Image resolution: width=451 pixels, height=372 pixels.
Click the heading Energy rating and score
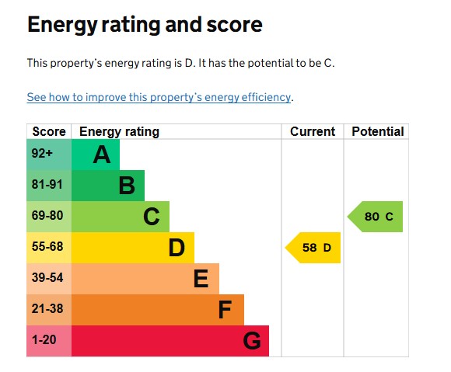point(145,25)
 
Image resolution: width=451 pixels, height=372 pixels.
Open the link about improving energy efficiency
point(159,98)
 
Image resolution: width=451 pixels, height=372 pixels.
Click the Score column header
point(48,131)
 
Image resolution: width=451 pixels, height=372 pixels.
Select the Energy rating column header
point(119,131)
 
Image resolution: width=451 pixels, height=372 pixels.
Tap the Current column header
point(313,131)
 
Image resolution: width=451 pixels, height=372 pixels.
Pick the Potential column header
point(377,131)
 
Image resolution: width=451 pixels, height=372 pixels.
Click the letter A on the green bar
point(102,155)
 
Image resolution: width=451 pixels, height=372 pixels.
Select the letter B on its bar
point(127,186)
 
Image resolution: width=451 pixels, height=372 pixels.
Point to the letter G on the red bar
point(251,342)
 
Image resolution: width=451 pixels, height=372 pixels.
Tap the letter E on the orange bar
point(201,280)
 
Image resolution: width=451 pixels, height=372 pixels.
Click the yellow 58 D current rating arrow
point(314,248)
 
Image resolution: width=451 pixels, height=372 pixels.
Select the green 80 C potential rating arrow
point(376,217)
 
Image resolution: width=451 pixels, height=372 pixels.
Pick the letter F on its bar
point(226,311)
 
